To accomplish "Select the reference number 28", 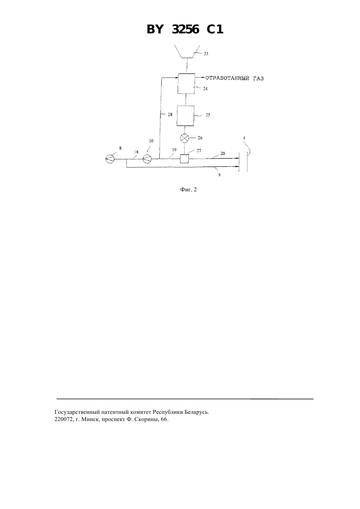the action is (170, 114).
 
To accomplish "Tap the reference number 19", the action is (174, 150).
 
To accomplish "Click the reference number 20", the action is (223, 153).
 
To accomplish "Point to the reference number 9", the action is (219, 175).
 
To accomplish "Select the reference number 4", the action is (244, 138).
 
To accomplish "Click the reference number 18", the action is (136, 152).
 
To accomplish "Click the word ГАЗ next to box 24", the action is (258, 79).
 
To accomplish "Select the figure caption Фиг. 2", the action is (189, 189).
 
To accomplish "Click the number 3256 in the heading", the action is (186, 29).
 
